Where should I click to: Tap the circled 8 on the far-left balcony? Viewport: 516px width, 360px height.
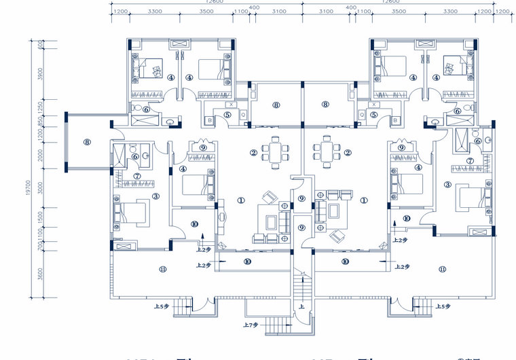[x=88, y=142]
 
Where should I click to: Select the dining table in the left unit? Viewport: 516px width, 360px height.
[x=276, y=152]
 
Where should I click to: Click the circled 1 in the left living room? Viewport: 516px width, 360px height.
[x=240, y=200]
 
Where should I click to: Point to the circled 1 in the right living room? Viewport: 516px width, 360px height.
[x=364, y=200]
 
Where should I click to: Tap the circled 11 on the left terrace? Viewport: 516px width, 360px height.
[x=162, y=270]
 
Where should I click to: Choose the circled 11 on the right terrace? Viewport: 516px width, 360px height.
[x=443, y=270]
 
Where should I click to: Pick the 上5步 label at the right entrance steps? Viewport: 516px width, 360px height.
[x=441, y=307]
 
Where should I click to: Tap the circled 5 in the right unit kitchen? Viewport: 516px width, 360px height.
[x=374, y=115]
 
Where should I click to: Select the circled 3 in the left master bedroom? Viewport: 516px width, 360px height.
[x=155, y=196]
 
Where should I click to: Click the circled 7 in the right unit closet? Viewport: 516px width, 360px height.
[x=469, y=161]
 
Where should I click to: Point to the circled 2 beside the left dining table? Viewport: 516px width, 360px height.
[x=253, y=153]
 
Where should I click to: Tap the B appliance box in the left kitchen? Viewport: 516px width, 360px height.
[x=210, y=120]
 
